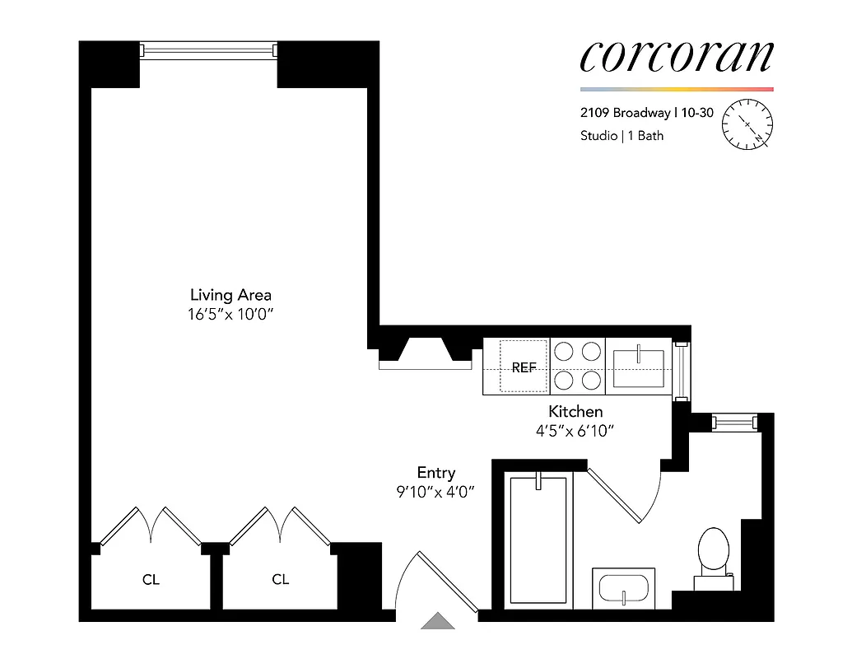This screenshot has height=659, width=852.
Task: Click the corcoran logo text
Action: click(x=677, y=56)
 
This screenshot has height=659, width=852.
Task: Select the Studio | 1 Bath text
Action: click(x=622, y=136)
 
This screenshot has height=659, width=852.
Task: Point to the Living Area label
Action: click(x=230, y=294)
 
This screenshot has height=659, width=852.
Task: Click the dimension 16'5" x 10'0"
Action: click(x=230, y=314)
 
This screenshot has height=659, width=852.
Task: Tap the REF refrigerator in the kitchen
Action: click(x=524, y=367)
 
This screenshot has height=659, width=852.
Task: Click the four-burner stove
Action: click(x=577, y=366)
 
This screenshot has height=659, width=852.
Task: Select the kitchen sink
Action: click(x=639, y=367)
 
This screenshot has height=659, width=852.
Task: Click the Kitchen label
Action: click(x=576, y=411)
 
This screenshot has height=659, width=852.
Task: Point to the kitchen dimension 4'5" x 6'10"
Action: click(x=576, y=430)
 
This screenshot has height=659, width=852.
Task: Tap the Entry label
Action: click(x=436, y=473)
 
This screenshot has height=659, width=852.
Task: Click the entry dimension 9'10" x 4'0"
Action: click(x=436, y=492)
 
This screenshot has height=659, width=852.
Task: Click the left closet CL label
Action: click(x=151, y=580)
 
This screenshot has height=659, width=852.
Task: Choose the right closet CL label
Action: click(x=281, y=579)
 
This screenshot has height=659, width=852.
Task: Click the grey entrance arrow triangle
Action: click(x=438, y=621)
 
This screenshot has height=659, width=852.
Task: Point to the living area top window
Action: click(x=208, y=51)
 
